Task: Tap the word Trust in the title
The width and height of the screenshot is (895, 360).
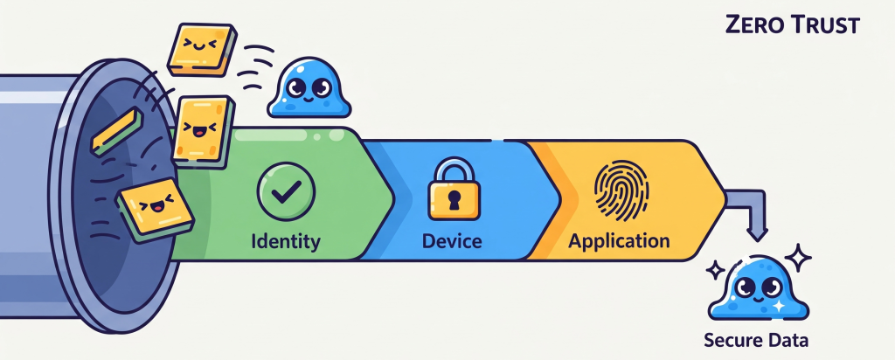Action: (x=830, y=25)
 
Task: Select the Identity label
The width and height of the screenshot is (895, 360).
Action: (x=286, y=240)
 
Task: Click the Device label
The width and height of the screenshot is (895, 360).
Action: (x=452, y=240)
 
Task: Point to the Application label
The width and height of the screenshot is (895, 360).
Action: (x=619, y=240)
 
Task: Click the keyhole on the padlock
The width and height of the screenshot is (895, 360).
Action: (x=454, y=200)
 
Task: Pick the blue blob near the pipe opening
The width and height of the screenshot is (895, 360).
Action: (x=309, y=88)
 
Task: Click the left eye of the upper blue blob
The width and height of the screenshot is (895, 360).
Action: (x=295, y=87)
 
